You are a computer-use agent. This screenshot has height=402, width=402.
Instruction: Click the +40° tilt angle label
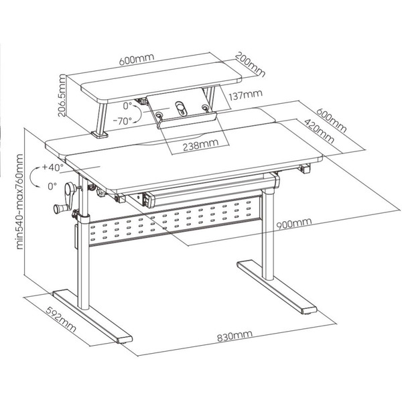52,167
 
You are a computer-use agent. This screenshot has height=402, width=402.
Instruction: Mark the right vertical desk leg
270,231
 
